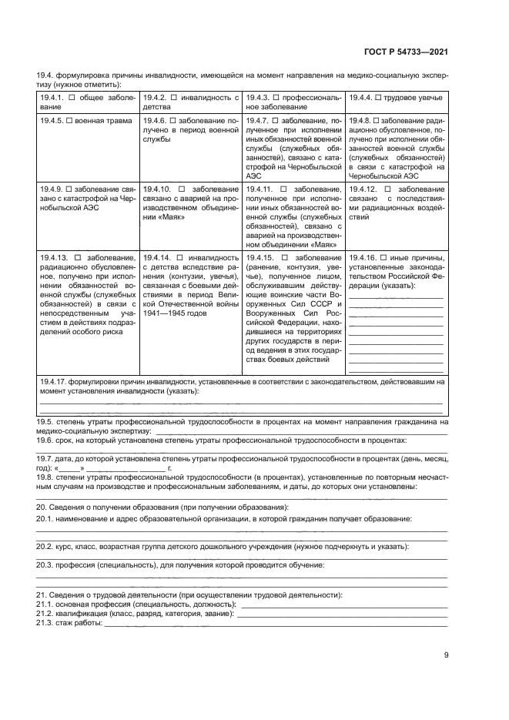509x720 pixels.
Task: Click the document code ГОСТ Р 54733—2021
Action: [405, 52]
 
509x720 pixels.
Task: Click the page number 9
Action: [446, 655]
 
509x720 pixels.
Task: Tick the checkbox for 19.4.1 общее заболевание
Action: [72, 97]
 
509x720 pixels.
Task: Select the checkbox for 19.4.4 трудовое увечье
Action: [380, 97]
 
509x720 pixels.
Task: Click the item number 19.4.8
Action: [360, 121]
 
